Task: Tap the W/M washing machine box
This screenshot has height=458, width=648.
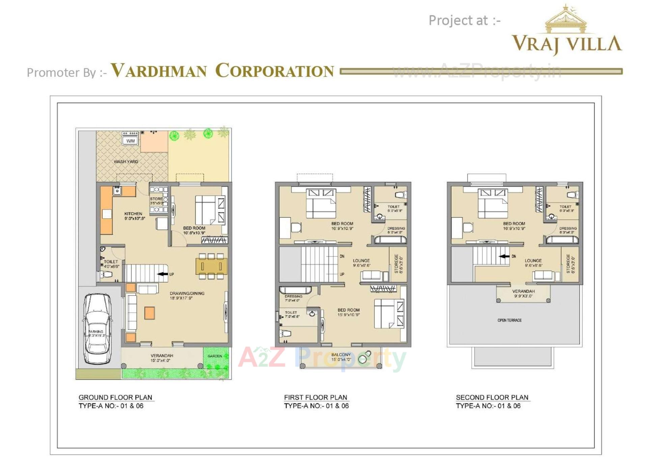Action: [x=130, y=141]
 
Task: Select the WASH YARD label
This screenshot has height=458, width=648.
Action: [x=126, y=162]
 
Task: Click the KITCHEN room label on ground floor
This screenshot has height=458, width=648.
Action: [x=133, y=214]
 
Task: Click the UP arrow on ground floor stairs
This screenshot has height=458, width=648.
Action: [x=163, y=274]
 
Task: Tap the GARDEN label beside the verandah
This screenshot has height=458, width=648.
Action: [x=215, y=356]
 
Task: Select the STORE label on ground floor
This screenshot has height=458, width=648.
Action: [x=156, y=199]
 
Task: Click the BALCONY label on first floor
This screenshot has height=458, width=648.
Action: [x=341, y=355]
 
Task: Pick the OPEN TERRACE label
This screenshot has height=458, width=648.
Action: [x=509, y=320]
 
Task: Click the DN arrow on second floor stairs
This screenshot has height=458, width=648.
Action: [x=504, y=256]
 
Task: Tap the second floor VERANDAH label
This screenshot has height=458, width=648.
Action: [x=523, y=291]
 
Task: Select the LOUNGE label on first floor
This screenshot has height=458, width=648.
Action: [x=361, y=261]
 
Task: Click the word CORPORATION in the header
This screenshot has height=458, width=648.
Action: [x=274, y=71]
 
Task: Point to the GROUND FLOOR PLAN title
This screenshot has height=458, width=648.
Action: [x=115, y=397]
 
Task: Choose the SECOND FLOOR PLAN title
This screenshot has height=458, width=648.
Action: [x=492, y=397]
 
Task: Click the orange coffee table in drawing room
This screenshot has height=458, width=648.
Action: [x=150, y=313]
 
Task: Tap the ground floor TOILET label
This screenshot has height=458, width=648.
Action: [x=111, y=262]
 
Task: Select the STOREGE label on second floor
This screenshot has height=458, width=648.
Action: [x=568, y=264]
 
